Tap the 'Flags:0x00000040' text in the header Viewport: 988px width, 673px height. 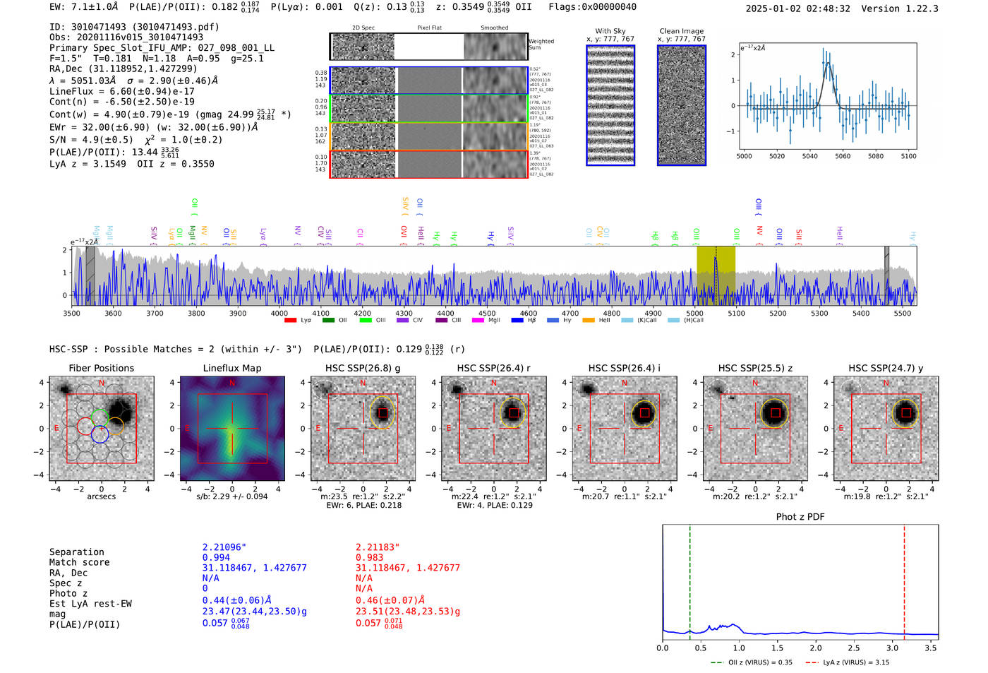(x=592, y=6)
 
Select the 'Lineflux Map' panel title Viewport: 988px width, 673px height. (x=231, y=368)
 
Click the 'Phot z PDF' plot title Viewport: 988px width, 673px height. (x=800, y=516)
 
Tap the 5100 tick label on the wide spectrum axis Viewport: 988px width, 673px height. (x=736, y=313)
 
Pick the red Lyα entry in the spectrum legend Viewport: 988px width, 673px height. (x=297, y=321)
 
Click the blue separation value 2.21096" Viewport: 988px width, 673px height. (x=224, y=547)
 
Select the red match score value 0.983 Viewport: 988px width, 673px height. (x=369, y=557)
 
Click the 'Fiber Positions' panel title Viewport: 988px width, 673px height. (x=101, y=368)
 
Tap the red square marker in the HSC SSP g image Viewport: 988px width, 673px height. (x=382, y=412)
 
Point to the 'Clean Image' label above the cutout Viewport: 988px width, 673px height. (x=681, y=31)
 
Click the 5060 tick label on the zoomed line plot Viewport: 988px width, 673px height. (x=843, y=156)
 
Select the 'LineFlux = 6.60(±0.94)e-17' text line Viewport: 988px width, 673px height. (x=121, y=91)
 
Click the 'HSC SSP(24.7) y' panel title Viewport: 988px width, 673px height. (x=886, y=368)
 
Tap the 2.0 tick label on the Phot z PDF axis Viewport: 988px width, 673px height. (x=815, y=648)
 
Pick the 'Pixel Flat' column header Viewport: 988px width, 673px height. (x=429, y=28)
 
